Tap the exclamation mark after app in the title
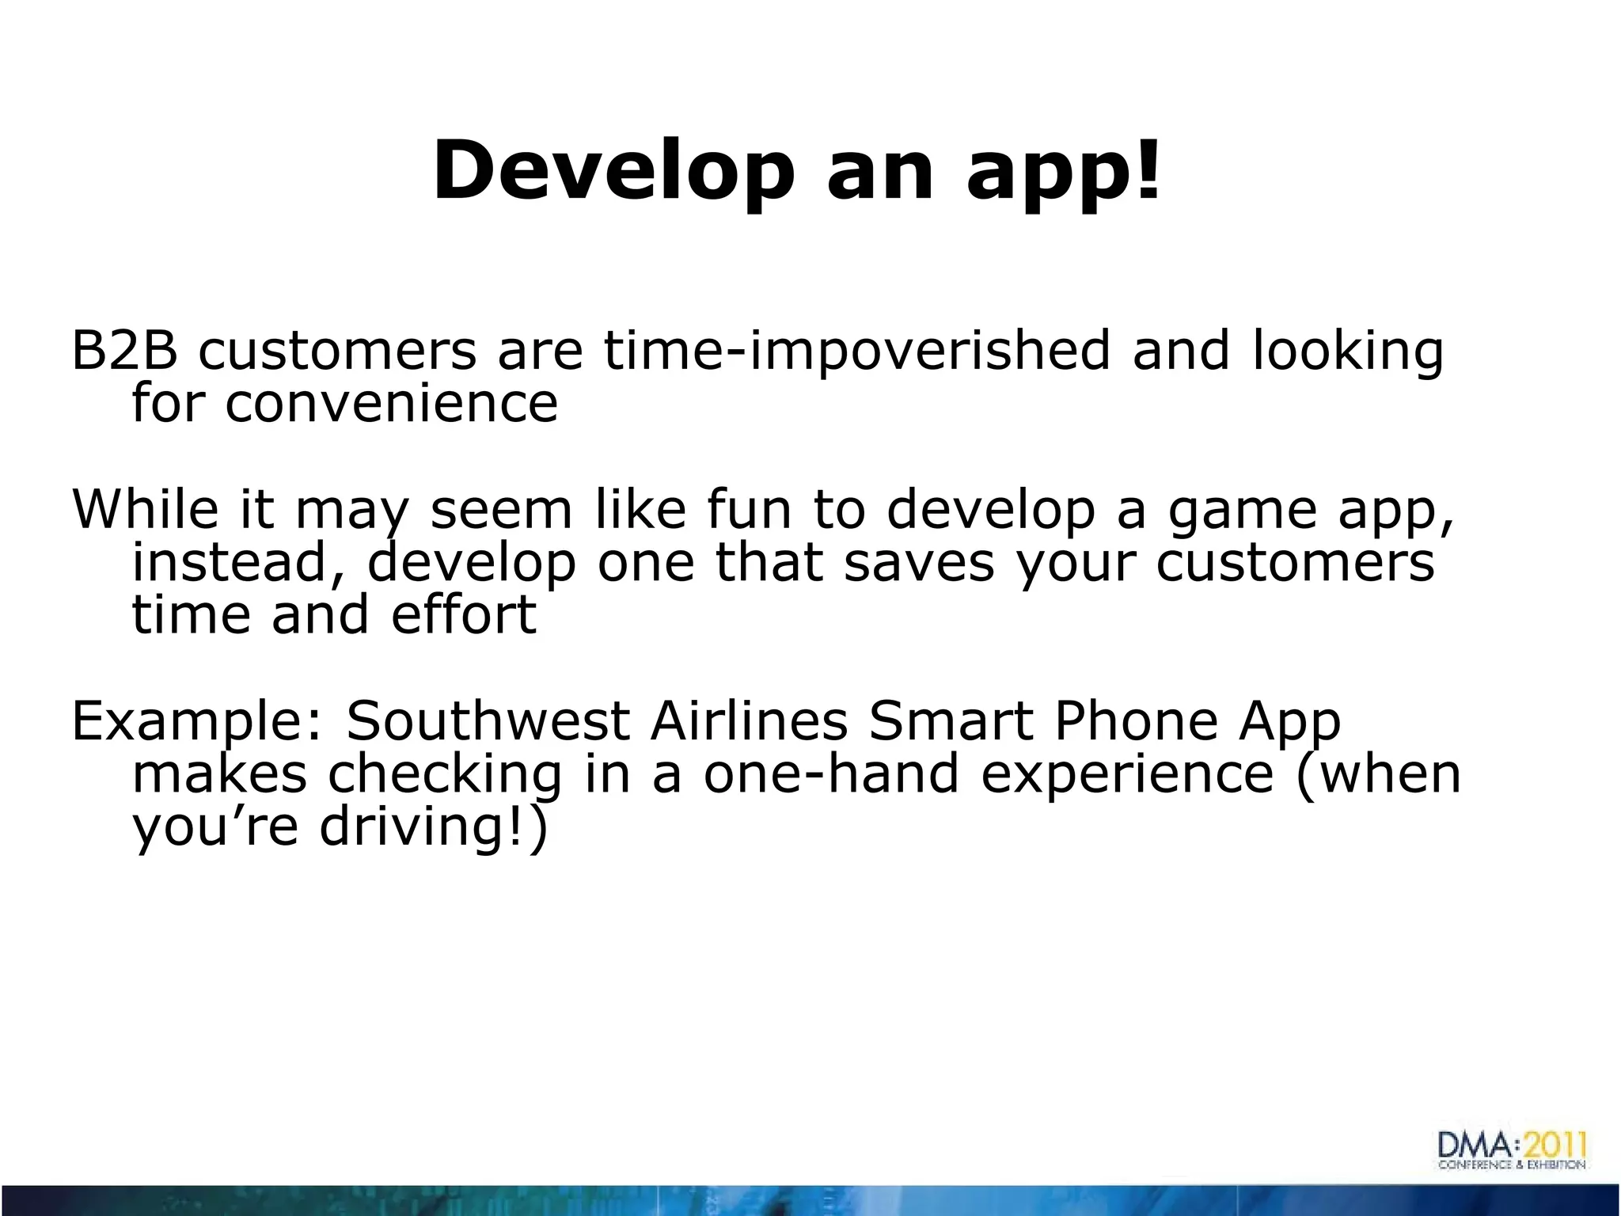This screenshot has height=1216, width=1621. click(1145, 169)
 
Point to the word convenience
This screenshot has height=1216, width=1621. click(391, 403)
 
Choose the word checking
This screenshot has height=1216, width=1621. click(444, 774)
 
